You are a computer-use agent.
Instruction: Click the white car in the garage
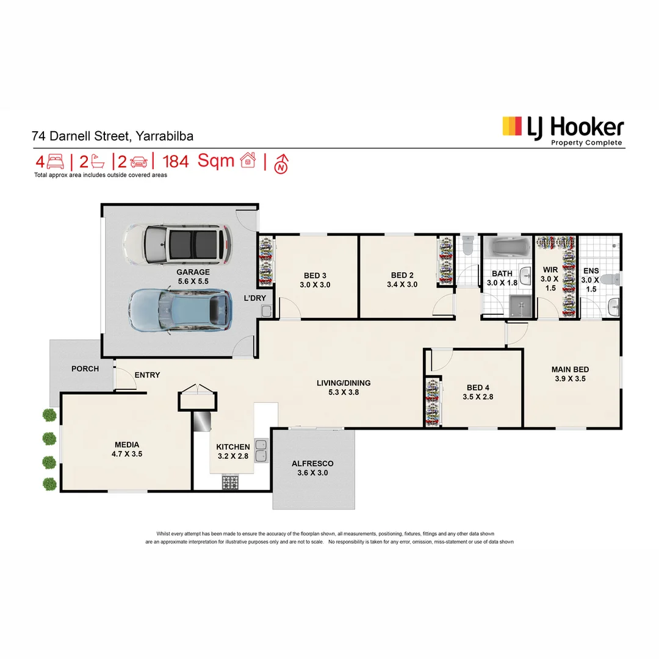coord(177,244)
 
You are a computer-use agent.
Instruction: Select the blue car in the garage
coord(180,311)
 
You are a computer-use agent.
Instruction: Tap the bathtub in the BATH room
coord(507,248)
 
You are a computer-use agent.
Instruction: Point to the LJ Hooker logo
coord(563,131)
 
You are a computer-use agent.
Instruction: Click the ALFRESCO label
coord(312,463)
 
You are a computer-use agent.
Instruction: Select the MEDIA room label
coord(127,445)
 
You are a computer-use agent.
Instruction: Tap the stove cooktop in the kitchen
coord(230,483)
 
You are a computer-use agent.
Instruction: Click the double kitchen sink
coord(261,450)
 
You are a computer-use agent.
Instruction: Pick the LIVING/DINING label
coord(344,383)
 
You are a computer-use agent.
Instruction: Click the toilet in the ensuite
coord(610,279)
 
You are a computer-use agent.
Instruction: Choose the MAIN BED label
coord(570,369)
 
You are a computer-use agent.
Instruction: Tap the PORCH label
coord(85,369)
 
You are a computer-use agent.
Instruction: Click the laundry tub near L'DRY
coord(267,311)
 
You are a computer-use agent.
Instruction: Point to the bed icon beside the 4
coord(56,161)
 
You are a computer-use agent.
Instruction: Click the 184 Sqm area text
coord(198,161)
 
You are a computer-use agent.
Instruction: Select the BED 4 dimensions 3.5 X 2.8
coord(478,397)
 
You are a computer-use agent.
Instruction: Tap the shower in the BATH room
coord(520,306)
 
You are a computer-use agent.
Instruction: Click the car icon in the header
coord(139,162)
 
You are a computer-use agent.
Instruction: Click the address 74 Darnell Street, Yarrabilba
coord(113,136)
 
